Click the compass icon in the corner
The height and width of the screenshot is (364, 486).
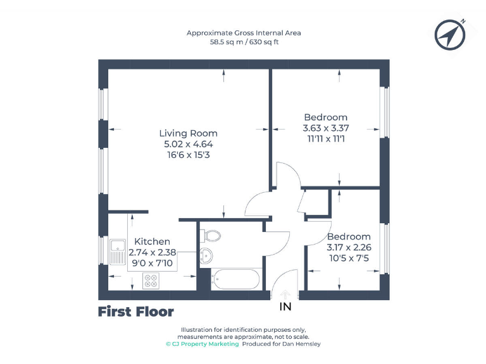tap(451, 34)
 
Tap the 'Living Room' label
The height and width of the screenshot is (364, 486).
tap(188, 133)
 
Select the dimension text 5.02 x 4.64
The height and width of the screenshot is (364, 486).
tap(188, 144)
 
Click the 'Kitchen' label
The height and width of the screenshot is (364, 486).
tap(152, 241)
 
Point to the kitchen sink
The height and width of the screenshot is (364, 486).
tap(118, 252)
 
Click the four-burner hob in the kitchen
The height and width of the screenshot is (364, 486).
tap(151, 281)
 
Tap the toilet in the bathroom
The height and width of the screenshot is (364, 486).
tap(211, 236)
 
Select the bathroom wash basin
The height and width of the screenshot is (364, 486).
tap(206, 255)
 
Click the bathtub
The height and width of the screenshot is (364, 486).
tap(235, 278)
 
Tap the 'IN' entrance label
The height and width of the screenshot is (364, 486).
tap(285, 307)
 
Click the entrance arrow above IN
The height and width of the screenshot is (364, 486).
tap(285, 293)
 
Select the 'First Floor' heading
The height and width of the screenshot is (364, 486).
tap(135, 312)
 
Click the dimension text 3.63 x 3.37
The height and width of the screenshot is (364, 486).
tap(326, 128)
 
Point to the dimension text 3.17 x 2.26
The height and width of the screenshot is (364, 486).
tap(348, 247)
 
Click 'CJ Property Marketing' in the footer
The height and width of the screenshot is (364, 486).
tap(205, 344)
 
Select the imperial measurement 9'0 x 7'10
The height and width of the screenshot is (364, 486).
tap(152, 262)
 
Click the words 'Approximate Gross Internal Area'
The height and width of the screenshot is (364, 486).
tap(244, 33)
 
